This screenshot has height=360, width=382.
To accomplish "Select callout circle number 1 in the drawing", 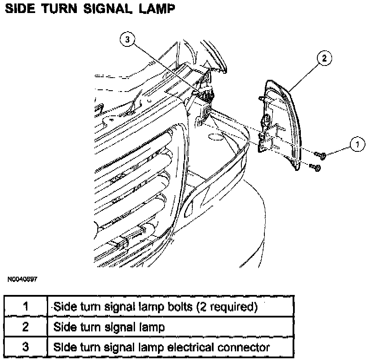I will [x=357, y=144].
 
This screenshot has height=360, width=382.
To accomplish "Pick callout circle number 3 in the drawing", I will [x=127, y=40].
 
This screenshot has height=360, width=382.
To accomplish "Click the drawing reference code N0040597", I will [x=22, y=280].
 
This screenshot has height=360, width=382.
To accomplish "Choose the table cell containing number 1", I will [x=26, y=307].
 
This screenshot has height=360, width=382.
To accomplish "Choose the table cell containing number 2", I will [x=26, y=327].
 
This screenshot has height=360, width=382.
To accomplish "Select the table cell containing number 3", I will [x=26, y=347].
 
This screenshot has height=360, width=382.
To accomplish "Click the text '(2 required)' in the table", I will [x=227, y=307].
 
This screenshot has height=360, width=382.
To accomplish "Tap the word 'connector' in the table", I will [x=246, y=347].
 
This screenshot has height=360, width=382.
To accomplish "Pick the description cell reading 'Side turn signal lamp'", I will [x=109, y=327].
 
